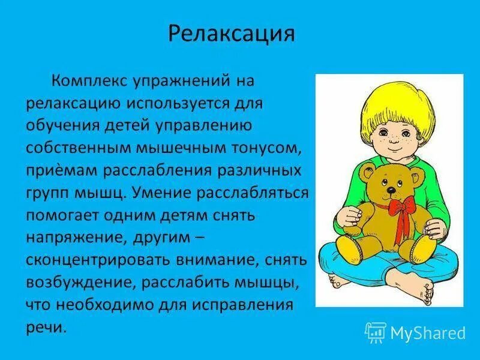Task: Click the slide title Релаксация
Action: pos(231,34)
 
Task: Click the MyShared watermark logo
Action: pos(415,332)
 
